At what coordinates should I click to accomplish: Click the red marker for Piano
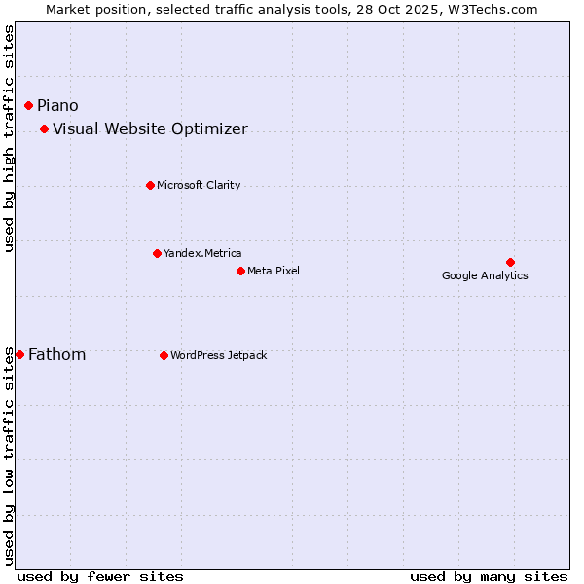coord(29,105)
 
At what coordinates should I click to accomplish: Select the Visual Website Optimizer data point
coord(45,128)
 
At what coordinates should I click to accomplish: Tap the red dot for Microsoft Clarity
coord(150,185)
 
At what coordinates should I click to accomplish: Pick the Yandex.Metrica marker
coord(157,253)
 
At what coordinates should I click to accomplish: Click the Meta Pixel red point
coord(240,271)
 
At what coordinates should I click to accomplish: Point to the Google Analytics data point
coord(510,262)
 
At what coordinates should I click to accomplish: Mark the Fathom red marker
coord(19,355)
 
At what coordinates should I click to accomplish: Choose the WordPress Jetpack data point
coord(164,355)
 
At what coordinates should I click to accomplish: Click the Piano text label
coord(57,105)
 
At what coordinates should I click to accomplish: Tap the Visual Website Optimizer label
coord(150,128)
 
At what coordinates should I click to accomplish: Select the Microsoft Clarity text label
coord(199,185)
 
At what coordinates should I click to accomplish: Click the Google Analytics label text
coord(485,275)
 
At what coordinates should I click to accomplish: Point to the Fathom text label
coord(56,355)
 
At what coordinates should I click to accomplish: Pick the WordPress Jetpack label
coord(218,355)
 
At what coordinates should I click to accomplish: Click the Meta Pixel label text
coord(274,271)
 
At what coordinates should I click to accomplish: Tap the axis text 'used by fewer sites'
coord(100,576)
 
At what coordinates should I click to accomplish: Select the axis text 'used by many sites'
coord(489,576)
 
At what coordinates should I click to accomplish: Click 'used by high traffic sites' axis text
coord(10,138)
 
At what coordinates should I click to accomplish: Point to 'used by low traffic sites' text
coord(10,456)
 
